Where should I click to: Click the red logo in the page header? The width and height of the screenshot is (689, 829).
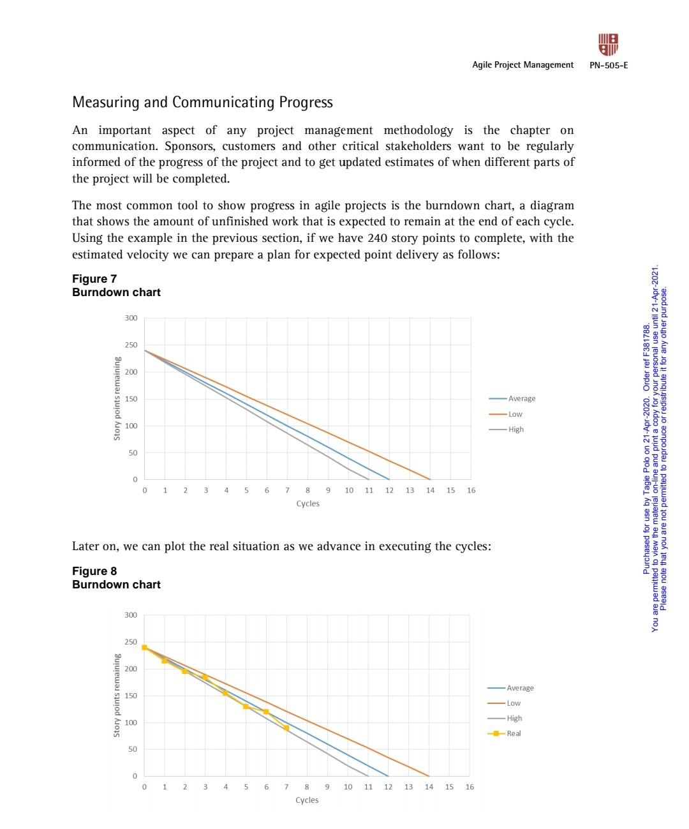(x=608, y=45)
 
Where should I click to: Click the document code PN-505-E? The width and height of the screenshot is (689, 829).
(x=609, y=65)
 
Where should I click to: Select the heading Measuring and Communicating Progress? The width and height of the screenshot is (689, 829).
(x=202, y=102)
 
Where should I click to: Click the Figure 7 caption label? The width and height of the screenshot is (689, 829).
(x=94, y=279)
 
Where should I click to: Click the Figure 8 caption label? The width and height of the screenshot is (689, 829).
(x=94, y=571)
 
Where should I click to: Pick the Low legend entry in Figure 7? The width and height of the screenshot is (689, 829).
(x=514, y=414)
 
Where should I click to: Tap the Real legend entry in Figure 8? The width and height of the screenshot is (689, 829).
(x=513, y=733)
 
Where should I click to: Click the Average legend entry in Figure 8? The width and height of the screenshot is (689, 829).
(x=519, y=688)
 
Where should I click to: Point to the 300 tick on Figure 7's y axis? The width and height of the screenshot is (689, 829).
(x=131, y=318)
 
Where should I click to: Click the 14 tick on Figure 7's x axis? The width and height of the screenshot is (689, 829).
(x=430, y=490)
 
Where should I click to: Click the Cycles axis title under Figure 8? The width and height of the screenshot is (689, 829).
(x=307, y=800)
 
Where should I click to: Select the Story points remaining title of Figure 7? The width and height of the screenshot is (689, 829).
(x=117, y=398)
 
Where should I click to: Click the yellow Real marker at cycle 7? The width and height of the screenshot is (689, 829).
(x=286, y=728)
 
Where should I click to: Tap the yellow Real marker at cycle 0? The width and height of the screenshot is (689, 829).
(x=144, y=647)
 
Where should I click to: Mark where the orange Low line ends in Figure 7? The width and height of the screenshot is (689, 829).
(x=430, y=479)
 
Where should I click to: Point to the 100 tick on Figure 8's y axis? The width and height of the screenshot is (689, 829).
(x=130, y=722)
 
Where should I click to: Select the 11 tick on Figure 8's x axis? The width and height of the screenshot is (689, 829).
(x=368, y=787)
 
